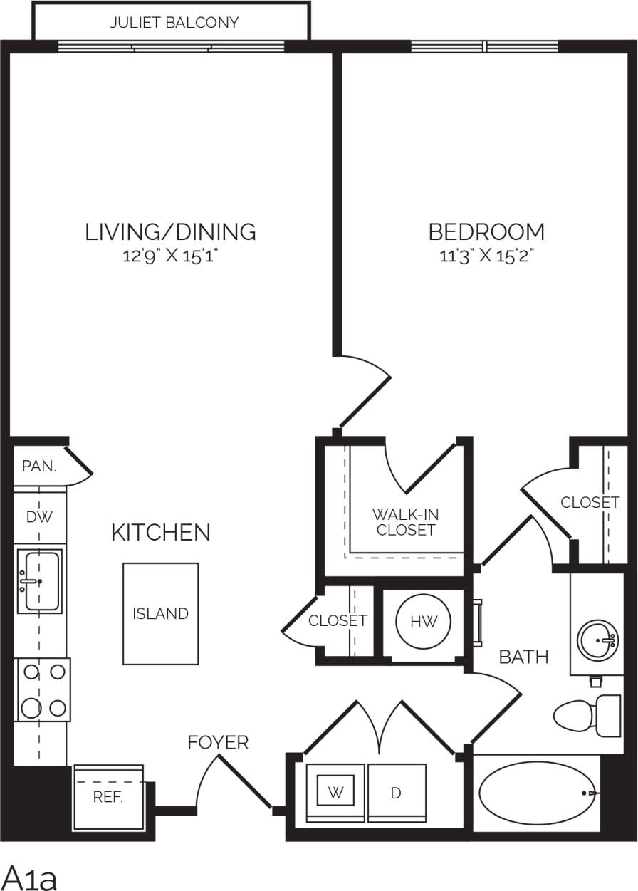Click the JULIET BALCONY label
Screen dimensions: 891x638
pos(174,23)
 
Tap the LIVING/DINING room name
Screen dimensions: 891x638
pos(170,231)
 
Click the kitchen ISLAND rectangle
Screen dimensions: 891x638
pos(160,613)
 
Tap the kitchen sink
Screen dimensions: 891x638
pos(39,581)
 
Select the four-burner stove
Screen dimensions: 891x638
pos(43,689)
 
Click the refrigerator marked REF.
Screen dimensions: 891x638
pos(108,797)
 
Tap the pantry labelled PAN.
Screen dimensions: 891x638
pos(38,467)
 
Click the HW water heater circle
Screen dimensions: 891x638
pos(419,622)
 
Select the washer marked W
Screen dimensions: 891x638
pos(336,793)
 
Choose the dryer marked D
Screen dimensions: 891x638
pos(397,793)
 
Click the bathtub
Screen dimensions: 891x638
pos(534,793)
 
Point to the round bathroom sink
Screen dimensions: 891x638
pos(597,640)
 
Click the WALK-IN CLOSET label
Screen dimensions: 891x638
pos(405,521)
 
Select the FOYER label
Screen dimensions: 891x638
pos(218,743)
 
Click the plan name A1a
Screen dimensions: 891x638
pos(31,877)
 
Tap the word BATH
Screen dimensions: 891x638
pos(523,657)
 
